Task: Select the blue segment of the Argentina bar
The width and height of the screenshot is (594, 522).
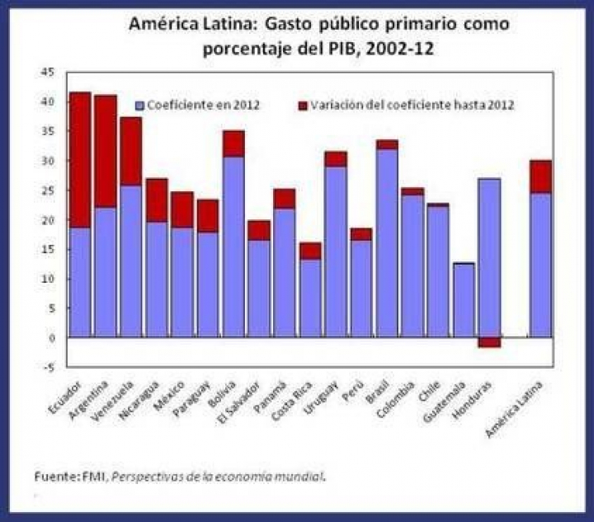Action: [106, 272]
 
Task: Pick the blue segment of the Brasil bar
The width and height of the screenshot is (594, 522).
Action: [386, 243]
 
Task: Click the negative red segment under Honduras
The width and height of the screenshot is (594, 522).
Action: [489, 342]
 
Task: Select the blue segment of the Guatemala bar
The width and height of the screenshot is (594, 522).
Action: [464, 300]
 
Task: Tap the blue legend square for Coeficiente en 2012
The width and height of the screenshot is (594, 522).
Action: [140, 105]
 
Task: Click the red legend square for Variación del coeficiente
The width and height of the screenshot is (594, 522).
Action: [303, 105]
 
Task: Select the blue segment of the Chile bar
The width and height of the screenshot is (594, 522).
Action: [438, 271]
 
